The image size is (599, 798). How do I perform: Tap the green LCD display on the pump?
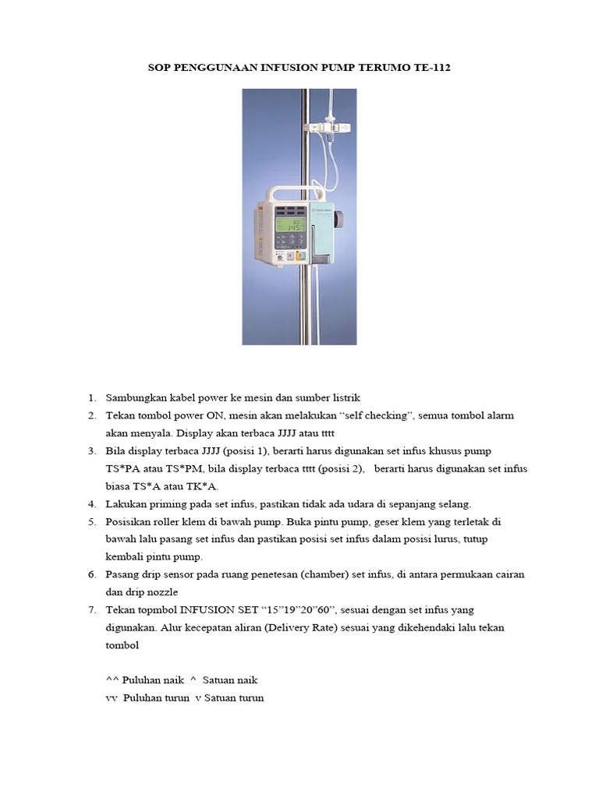[x=288, y=228]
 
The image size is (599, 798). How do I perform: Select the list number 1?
[x=91, y=397]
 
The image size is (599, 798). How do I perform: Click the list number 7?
[x=91, y=609]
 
